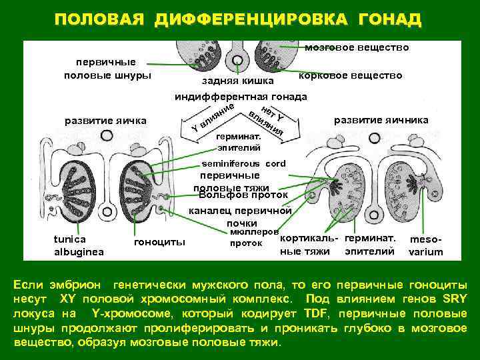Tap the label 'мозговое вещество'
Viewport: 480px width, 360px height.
[x=357, y=48]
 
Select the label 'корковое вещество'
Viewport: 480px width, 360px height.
[x=351, y=75]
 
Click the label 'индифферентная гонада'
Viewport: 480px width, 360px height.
[x=241, y=97]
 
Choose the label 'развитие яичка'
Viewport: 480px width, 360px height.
[x=105, y=121]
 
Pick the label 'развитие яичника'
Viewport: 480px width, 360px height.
[x=381, y=120]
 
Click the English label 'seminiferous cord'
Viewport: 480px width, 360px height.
[x=244, y=163]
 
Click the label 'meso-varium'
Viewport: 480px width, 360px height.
[x=426, y=245]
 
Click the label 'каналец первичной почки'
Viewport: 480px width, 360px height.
[x=241, y=217]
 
